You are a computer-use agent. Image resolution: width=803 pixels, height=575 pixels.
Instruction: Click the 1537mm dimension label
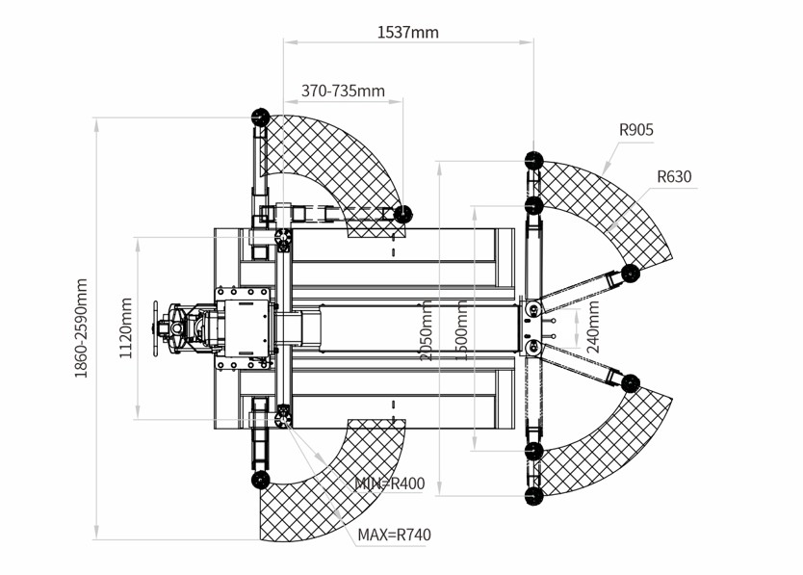click(x=407, y=33)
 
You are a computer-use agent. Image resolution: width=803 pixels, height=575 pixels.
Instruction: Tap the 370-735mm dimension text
click(x=343, y=91)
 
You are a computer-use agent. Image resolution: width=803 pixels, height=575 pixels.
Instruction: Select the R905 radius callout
click(x=636, y=130)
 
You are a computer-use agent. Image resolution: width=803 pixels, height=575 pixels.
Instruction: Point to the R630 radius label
click(x=674, y=177)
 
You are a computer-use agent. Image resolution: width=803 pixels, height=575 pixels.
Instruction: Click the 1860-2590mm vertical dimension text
click(x=82, y=328)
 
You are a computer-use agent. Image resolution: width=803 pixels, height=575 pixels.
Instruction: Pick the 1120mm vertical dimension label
click(x=126, y=328)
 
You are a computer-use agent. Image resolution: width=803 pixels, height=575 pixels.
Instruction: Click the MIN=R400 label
click(x=390, y=484)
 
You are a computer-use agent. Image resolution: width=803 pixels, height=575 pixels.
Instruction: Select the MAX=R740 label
click(x=394, y=535)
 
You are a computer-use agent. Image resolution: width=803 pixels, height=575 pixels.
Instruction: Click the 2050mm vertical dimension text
click(x=427, y=330)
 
